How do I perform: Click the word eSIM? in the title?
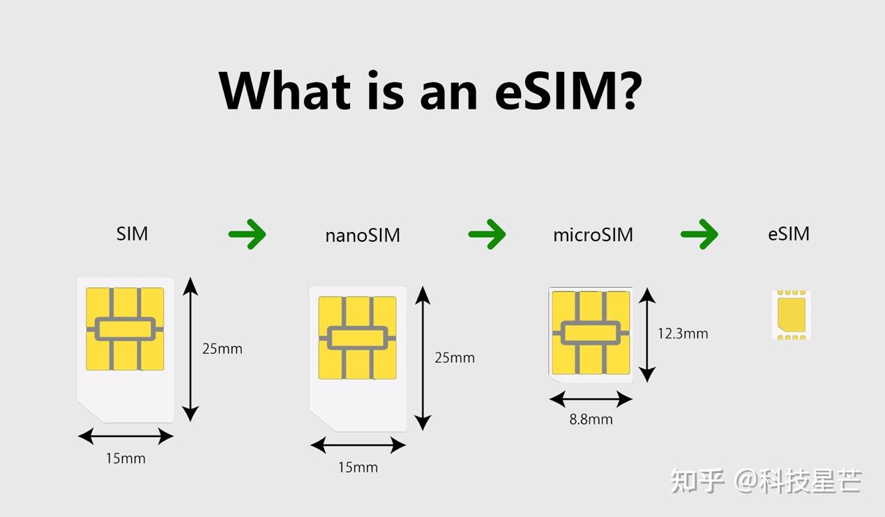pos(568,90)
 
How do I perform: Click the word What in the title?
pos(285,90)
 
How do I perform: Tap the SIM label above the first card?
pos(132,233)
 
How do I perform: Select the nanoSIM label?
pos(363,236)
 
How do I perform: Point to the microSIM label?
pos(593,235)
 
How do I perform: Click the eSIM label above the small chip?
pos(789,233)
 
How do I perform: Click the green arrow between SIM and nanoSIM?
pos(248,234)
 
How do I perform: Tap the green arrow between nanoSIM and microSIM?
pos(487,234)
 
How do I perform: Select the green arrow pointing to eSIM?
pos(699,234)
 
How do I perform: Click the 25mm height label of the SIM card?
pos(222,349)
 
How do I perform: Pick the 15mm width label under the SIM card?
pos(126,458)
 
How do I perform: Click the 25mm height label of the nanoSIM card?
pos(455,358)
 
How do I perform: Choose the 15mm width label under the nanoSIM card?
pos(358,468)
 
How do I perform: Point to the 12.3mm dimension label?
pos(683,334)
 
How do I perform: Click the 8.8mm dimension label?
pos(591,419)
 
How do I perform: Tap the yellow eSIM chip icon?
pos(792,315)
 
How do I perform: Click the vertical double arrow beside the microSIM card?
pos(647,334)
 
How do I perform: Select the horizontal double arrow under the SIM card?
pos(126,436)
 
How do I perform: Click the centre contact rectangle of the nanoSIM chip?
pos(357,338)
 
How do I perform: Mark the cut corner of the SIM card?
pos(90,412)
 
